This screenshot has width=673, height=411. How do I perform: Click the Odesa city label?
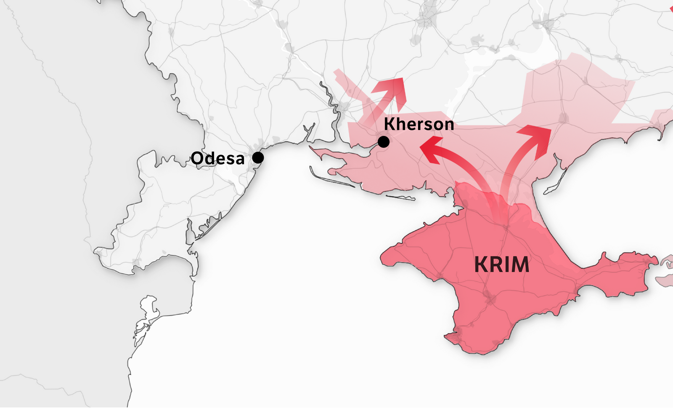217,159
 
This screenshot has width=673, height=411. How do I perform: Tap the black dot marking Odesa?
258,157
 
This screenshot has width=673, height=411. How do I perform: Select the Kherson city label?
419,124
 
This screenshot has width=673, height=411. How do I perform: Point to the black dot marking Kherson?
383,142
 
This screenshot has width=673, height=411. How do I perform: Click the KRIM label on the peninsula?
502,264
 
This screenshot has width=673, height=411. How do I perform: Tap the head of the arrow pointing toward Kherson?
430,149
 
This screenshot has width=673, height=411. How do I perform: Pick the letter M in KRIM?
519,264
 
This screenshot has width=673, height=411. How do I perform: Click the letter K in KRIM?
481,264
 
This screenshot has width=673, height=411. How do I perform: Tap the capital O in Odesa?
198,159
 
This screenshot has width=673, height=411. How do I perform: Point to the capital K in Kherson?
389,124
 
